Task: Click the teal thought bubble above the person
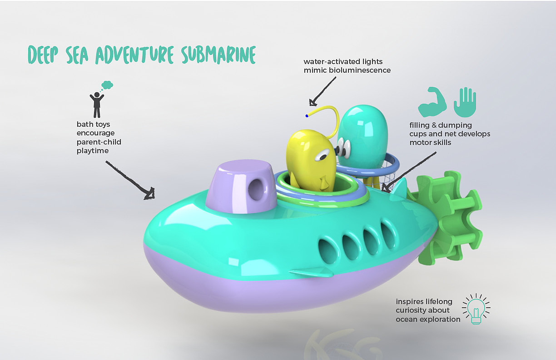pyautogui.click(x=107, y=85)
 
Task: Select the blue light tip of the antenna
pyautogui.click(x=307, y=115)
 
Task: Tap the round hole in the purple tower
pyautogui.click(x=257, y=189)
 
